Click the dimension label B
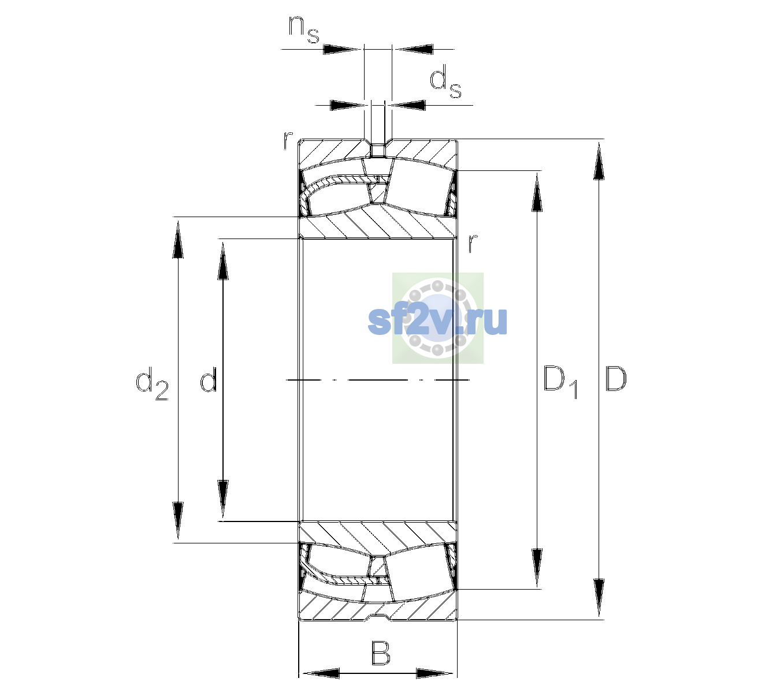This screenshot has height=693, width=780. pos(381,653)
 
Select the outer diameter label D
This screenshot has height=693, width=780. pos(616,379)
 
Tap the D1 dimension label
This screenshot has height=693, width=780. pos(560,382)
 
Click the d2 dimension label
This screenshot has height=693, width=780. pos(152,383)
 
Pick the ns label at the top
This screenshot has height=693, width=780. pos(304,30)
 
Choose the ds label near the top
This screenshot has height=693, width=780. pos(445,81)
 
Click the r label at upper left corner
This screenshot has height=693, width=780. pos(288,140)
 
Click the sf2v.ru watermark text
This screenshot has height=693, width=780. pos(437,321)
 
